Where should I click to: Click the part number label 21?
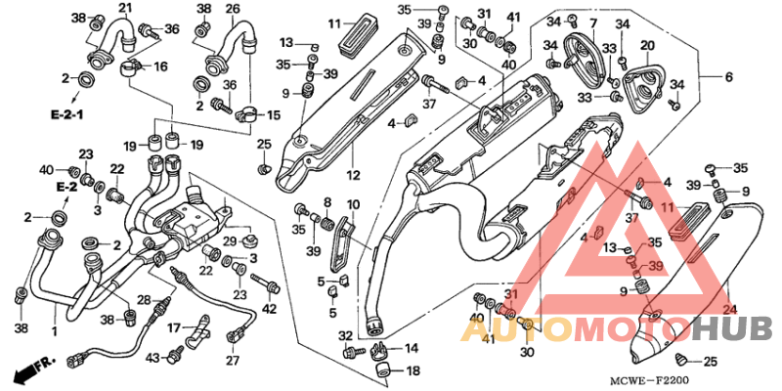125,9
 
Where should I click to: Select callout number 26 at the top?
233,9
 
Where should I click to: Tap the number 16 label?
161,66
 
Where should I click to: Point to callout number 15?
273,115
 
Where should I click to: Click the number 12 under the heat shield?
353,176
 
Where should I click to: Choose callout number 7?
593,22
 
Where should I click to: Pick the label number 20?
646,46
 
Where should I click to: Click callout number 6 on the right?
728,76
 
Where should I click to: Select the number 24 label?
727,311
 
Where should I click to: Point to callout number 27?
232,361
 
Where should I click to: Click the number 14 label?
412,348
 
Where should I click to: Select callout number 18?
412,371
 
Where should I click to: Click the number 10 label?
353,204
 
